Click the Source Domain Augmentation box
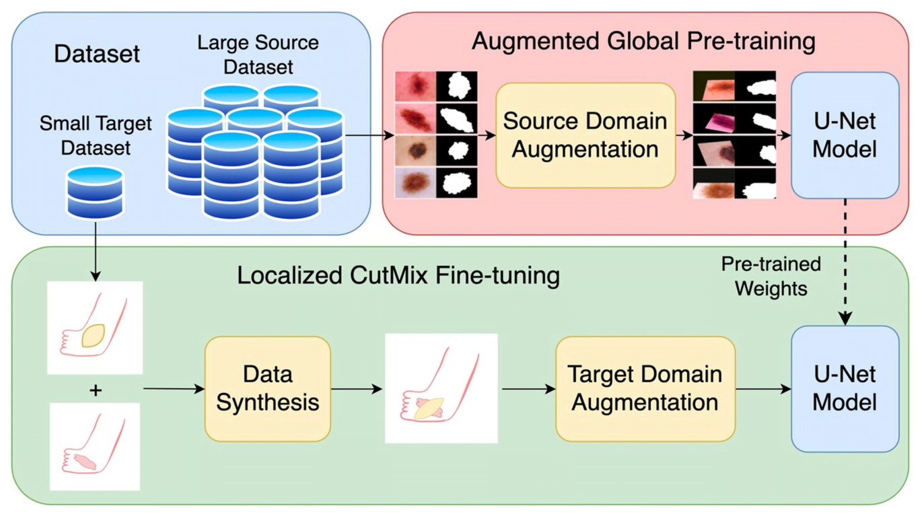point(585,135)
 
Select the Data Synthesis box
point(267,389)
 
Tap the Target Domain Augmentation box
point(645,389)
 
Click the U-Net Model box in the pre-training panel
point(845,135)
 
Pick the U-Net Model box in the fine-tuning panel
point(845,389)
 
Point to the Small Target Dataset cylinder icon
point(96,192)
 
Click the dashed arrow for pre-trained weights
point(845,262)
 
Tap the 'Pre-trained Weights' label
point(771,276)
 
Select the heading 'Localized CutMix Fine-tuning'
point(398,276)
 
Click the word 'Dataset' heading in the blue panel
point(97,54)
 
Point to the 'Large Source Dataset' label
point(258,55)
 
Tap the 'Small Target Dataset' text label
point(96,135)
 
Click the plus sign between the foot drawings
point(96,390)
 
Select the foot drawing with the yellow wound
point(95,328)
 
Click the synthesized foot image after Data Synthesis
point(441,389)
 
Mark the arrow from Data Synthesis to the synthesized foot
point(357,389)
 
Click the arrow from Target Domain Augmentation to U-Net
point(763,389)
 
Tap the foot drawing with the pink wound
point(95,446)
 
